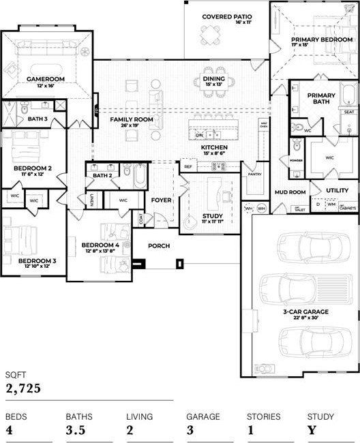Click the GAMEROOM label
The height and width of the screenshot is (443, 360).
46,79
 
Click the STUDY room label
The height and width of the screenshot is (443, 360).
212,217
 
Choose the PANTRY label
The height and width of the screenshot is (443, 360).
255,174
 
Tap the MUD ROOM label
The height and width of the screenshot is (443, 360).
290,192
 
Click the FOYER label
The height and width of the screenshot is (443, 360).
162,200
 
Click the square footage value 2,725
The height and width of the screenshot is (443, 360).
24,388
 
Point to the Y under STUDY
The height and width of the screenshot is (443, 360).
311,430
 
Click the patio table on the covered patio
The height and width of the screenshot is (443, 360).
210,33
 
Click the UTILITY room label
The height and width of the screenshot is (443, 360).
337,190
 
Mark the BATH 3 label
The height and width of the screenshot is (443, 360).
37,119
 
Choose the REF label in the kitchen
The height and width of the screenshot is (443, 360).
187,166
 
